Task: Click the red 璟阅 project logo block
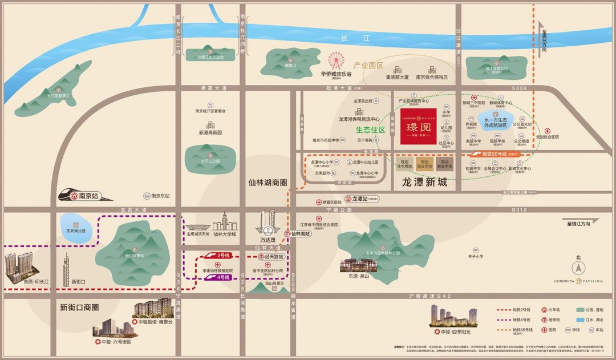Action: pyautogui.click(x=418, y=127)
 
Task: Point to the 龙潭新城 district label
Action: pyautogui.click(x=424, y=184)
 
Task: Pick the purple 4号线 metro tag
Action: pyautogui.click(x=223, y=277)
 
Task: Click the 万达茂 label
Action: pyautogui.click(x=268, y=240)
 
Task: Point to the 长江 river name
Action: pyautogui.click(x=352, y=38)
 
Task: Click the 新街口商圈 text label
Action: pyautogui.click(x=79, y=307)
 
